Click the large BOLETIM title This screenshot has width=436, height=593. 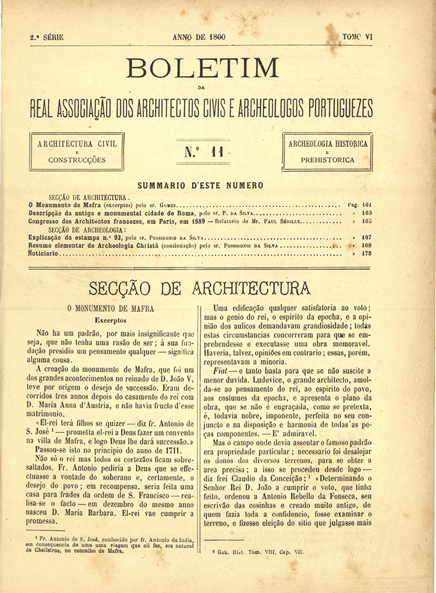[203, 67]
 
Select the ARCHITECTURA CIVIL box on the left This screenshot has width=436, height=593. [77, 151]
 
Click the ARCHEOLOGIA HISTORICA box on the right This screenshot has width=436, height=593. [327, 151]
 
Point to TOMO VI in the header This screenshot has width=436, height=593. [358, 37]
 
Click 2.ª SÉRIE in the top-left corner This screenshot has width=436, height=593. [46, 37]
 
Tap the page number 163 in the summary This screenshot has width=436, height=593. [367, 212]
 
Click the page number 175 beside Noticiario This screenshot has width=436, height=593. [367, 253]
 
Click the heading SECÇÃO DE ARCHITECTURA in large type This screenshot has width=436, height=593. [199, 288]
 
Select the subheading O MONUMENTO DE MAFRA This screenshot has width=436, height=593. [111, 308]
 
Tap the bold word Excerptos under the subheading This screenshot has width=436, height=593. [111, 321]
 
